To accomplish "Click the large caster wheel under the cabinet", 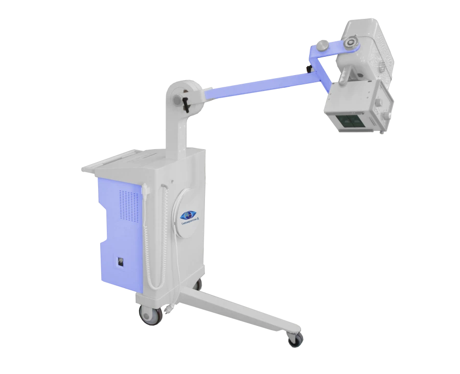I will (149, 315).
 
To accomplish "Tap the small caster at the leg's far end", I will (294, 339).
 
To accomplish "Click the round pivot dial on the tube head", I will (351, 43).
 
